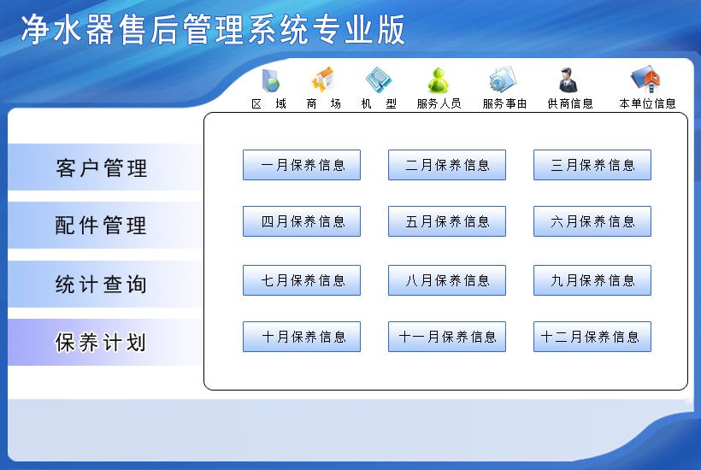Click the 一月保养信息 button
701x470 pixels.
coord(302,165)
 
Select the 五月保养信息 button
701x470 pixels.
coord(447,221)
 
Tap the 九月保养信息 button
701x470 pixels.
coord(592,280)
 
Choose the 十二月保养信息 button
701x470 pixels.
coord(592,337)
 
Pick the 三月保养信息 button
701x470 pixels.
coord(592,165)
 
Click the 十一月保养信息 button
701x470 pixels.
coord(447,337)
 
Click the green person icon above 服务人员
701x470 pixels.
coord(438,80)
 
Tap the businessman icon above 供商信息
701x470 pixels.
coord(568,80)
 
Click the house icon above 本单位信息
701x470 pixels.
coord(646,80)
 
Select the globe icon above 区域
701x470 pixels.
coord(270,81)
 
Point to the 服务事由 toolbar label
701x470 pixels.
coord(504,103)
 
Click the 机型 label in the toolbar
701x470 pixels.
coord(379,103)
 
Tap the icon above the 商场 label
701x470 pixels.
coord(323,80)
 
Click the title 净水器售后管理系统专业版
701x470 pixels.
coord(213,30)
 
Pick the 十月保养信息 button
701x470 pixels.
coord(302,337)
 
